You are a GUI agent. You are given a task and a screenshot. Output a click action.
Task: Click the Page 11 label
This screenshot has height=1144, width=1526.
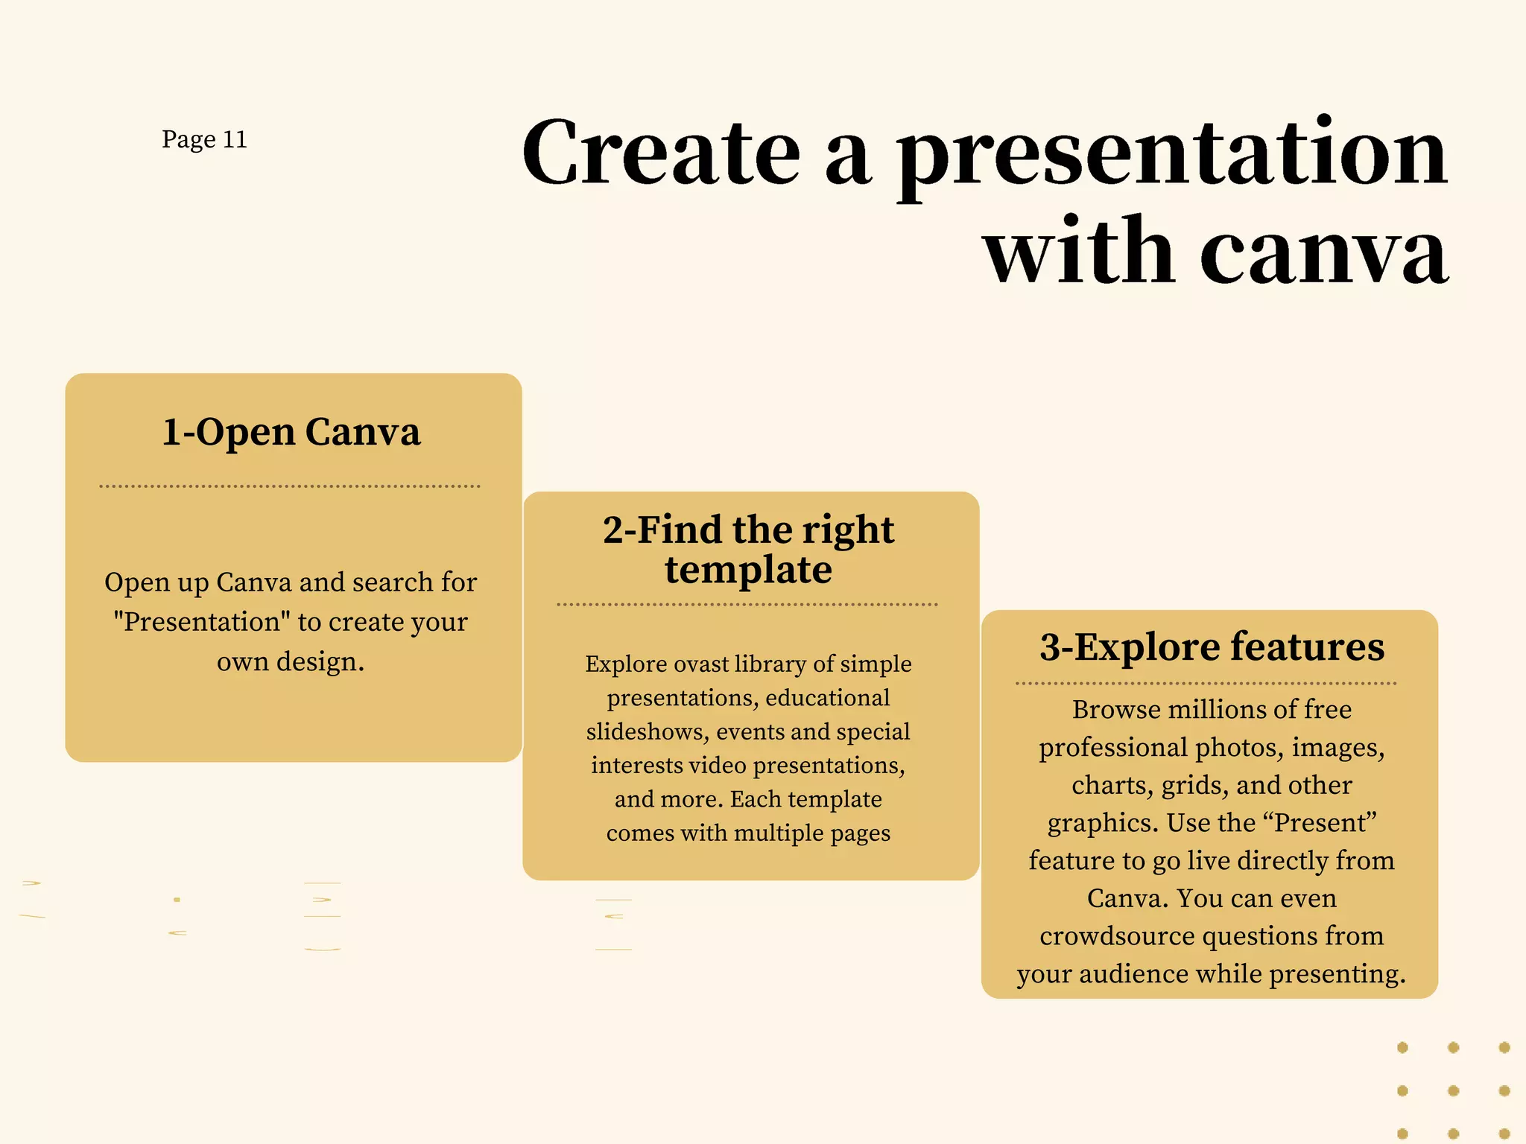point(204,139)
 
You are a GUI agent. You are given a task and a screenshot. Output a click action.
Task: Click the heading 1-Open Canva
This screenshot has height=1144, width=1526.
point(291,432)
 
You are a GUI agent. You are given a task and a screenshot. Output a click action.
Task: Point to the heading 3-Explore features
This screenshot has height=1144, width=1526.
point(1212,646)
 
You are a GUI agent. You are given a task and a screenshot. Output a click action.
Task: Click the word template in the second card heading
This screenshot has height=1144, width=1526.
point(748,571)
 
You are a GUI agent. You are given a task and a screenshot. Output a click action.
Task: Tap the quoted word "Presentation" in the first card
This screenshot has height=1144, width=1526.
point(201,622)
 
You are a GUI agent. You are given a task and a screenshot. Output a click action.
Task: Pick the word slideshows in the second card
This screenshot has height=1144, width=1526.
point(647,731)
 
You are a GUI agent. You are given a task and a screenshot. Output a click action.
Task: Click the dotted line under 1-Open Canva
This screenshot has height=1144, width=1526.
point(290,486)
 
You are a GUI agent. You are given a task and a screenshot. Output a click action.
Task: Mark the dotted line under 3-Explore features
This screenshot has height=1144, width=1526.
point(1206,683)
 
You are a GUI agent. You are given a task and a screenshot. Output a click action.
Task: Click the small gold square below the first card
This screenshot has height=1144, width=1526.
point(177,900)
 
